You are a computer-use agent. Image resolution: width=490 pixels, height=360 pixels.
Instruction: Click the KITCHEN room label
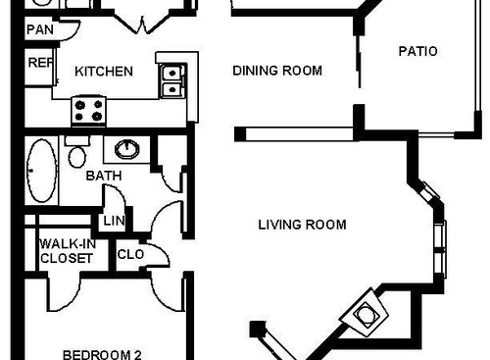tap(104, 71)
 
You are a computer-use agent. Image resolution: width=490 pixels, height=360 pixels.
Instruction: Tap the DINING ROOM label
tap(277, 71)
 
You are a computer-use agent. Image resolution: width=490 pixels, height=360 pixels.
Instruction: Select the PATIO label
tap(417, 51)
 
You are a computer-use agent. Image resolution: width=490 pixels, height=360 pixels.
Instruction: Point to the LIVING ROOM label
tap(302, 225)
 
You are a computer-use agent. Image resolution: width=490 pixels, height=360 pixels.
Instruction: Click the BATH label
tap(103, 177)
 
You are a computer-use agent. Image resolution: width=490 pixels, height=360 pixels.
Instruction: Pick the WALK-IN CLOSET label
tap(67, 251)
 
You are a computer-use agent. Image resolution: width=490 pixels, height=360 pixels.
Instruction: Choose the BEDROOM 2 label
tap(103, 353)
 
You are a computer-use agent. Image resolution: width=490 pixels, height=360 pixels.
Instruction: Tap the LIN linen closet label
tap(114, 222)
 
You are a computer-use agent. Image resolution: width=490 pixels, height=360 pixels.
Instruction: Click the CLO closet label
tap(130, 254)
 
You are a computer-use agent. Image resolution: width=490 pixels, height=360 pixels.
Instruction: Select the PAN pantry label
tap(39, 29)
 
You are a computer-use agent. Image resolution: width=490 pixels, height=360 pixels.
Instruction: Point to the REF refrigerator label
tap(39, 63)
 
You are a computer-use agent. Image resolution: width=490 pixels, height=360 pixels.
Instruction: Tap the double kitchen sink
tap(171, 80)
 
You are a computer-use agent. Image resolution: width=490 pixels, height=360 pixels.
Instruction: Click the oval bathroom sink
tap(127, 149)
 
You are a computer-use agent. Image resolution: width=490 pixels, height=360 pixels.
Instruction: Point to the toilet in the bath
tap(76, 153)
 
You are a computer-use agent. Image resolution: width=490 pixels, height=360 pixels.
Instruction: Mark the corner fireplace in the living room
tap(366, 314)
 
